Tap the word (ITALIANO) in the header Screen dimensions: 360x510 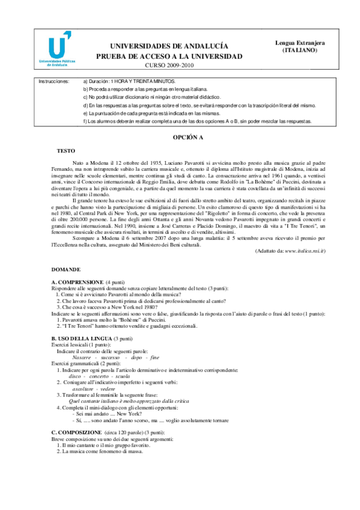click(301, 51)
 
